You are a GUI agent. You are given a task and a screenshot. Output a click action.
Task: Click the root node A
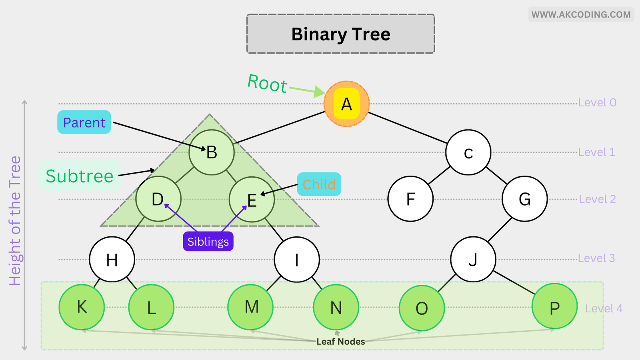point(346,104)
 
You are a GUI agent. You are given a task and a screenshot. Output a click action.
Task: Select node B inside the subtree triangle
point(211,152)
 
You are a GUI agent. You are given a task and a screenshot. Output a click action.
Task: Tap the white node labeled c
point(468,152)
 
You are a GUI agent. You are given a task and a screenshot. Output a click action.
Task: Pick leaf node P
point(554,307)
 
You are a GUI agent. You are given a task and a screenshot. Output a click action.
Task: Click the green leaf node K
point(82,307)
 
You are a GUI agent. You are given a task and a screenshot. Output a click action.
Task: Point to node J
point(473,260)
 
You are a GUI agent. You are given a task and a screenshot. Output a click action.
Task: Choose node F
point(410,199)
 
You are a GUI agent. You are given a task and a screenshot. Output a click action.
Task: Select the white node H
point(112,260)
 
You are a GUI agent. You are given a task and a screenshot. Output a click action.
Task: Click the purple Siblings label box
point(208,242)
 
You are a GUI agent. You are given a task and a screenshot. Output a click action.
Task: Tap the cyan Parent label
point(84,122)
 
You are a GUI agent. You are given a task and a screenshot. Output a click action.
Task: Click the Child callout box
point(319,184)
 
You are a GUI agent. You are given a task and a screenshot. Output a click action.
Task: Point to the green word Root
point(267,84)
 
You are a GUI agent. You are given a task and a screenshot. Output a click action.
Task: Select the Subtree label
point(80,176)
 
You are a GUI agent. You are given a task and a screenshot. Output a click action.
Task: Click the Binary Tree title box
point(340,34)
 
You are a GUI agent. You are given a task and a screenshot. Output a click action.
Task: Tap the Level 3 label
point(596,258)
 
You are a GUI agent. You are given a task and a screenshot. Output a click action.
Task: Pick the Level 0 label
point(597,103)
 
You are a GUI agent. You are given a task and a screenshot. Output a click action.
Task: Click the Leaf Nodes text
point(340,342)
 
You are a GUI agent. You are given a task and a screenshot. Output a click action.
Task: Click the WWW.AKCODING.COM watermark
point(581,15)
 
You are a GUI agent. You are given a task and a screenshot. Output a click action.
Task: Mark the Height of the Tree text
point(15,221)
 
